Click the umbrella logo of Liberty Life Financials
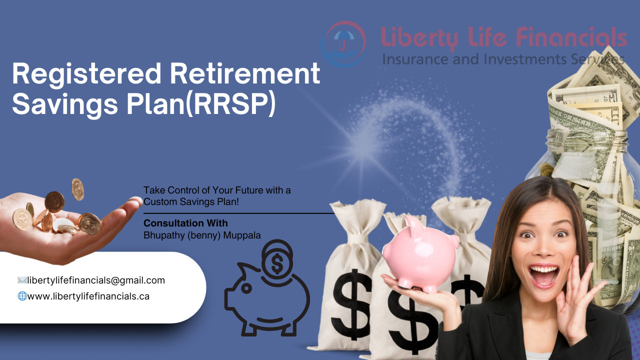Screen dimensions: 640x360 coord(343,44)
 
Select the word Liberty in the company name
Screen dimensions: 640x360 coord(419,38)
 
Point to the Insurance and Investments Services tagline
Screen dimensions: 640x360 coord(503,59)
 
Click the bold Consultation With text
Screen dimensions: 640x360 coord(185,223)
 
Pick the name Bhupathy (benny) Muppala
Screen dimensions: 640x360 coord(202,235)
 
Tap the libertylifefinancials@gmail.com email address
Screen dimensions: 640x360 coord(96,280)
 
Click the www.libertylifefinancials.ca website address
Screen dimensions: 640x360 coord(88,296)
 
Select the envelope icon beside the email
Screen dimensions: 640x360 coord(22,280)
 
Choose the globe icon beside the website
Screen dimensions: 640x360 coord(22,296)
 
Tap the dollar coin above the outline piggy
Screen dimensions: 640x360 coord(277,259)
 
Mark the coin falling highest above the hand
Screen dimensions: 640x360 coord(77,189)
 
